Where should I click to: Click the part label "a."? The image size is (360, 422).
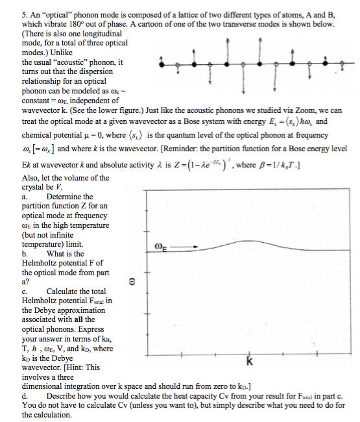[x=25, y=197]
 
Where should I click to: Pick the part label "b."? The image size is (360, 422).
[x=25, y=254]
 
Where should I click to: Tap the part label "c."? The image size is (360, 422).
[x=25, y=292]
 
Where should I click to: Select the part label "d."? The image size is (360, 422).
[x=25, y=395]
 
